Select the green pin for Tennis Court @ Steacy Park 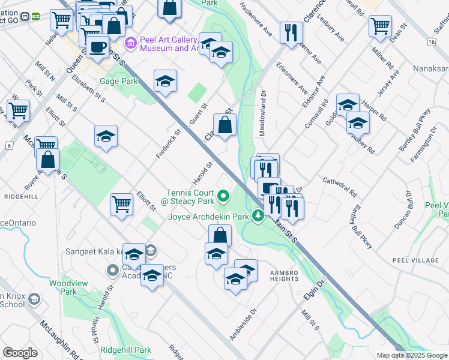pyautogui.click(x=223, y=196)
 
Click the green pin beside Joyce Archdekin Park pyautogui.click(x=258, y=215)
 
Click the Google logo pyautogui.click(x=20, y=353)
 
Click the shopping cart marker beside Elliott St pyautogui.click(x=122, y=203)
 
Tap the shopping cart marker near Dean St pyautogui.click(x=380, y=25)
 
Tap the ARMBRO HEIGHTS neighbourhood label pyautogui.click(x=283, y=275)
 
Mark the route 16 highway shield pyautogui.click(x=431, y=42)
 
